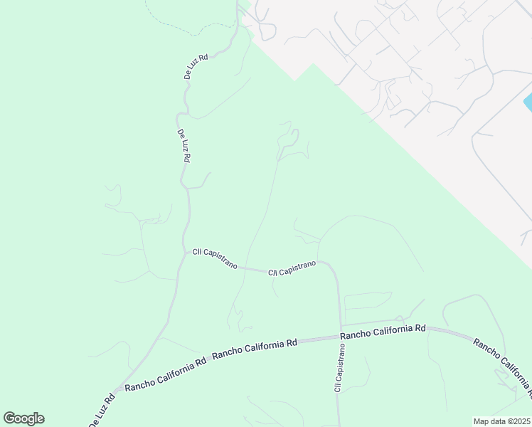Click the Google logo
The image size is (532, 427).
pyautogui.click(x=23, y=418)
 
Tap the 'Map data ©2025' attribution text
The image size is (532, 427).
pyautogui.click(x=501, y=421)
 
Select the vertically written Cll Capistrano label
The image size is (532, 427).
pyautogui.click(x=339, y=367)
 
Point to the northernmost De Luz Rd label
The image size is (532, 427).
pyautogui.click(x=193, y=66)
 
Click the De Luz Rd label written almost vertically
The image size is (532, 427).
pyautogui.click(x=183, y=146)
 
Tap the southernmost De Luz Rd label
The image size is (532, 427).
pyautogui.click(x=102, y=411)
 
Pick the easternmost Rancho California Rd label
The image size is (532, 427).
pyautogui.click(x=501, y=365)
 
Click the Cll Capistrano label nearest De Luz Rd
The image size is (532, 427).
pyautogui.click(x=214, y=258)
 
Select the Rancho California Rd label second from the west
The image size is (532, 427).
pyautogui.click(x=254, y=348)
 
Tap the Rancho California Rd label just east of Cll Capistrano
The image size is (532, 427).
pyautogui.click(x=382, y=330)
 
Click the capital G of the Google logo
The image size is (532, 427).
pyautogui.click(x=10, y=418)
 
